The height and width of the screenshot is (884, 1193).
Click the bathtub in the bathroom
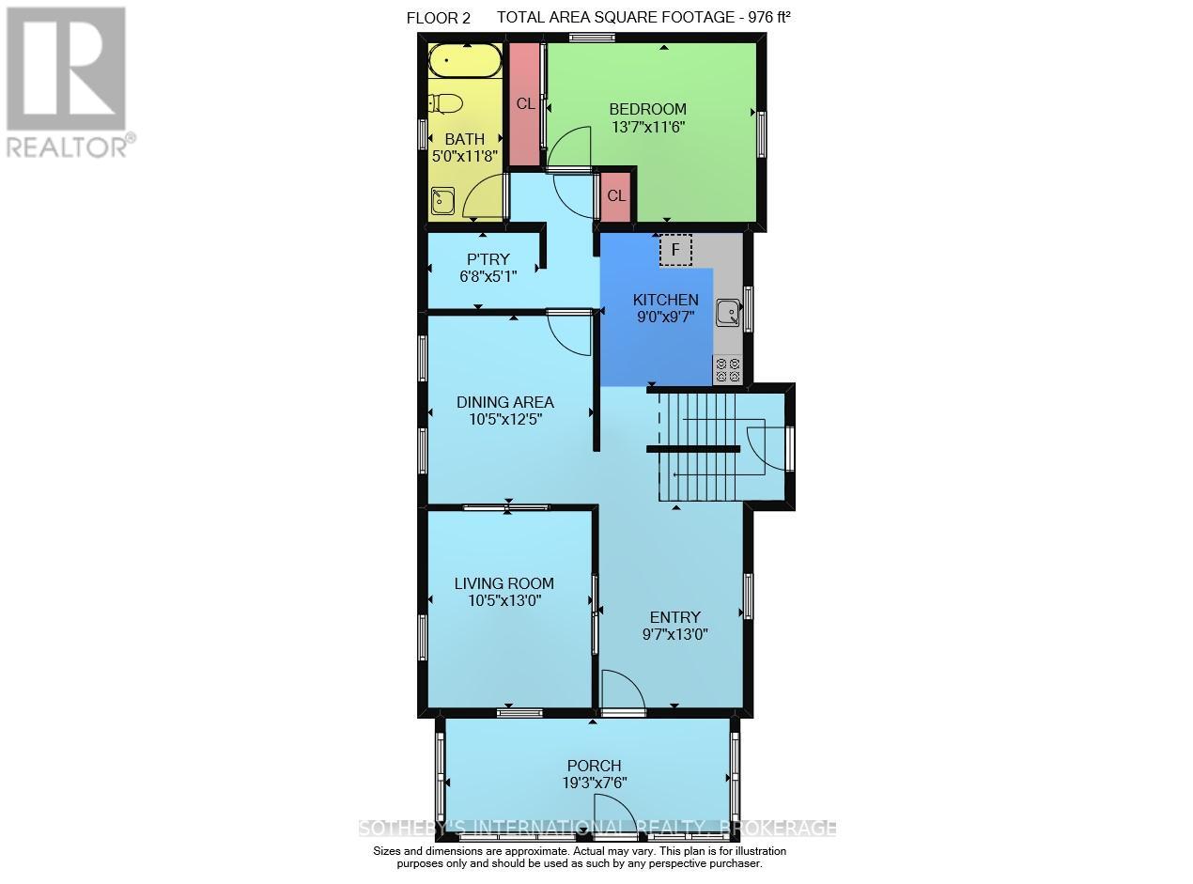[464, 63]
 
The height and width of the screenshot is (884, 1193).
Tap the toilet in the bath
[445, 103]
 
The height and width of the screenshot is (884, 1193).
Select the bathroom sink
[442, 200]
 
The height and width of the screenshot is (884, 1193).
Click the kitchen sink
[728, 312]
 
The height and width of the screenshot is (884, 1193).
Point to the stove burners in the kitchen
[727, 370]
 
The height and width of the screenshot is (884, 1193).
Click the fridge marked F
[675, 250]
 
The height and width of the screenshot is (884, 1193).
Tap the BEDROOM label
[647, 109]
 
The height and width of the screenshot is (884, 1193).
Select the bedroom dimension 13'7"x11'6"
[647, 127]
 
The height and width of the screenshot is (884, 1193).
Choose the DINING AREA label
[504, 402]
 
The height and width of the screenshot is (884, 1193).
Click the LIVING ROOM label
[504, 583]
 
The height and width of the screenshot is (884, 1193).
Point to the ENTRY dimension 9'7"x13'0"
[674, 634]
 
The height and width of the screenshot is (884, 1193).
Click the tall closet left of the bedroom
[525, 103]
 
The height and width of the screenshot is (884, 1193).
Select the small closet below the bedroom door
[615, 196]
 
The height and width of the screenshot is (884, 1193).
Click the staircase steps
[700, 446]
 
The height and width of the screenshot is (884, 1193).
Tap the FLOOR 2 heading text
[437, 18]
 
